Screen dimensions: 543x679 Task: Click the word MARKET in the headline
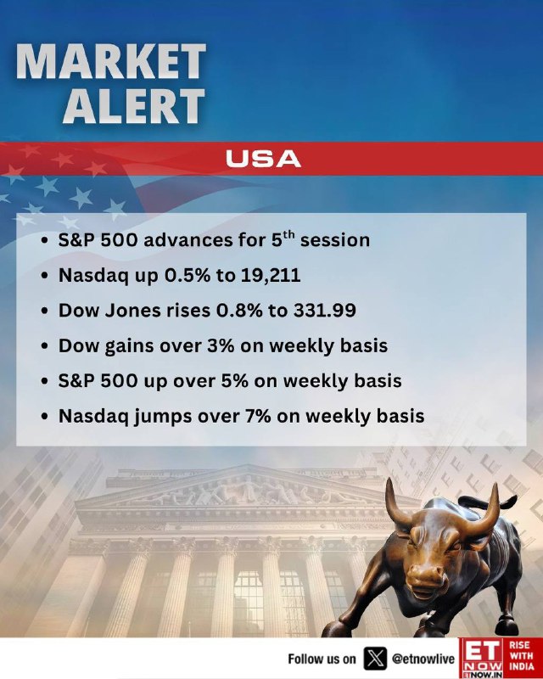point(111,61)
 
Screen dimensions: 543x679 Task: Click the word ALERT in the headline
point(134,105)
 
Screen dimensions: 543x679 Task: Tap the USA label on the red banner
point(263,159)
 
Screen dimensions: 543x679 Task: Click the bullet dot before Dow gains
point(44,346)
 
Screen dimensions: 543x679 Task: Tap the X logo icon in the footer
point(375,659)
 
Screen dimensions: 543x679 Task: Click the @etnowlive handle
point(423,659)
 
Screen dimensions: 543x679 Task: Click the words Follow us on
point(322,659)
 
